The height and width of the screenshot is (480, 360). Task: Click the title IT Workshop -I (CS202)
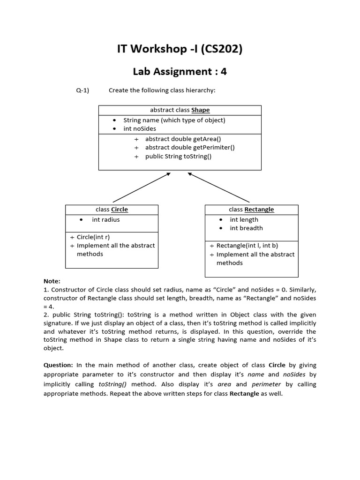[180, 49]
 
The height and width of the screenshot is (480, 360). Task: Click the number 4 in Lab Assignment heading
[224, 72]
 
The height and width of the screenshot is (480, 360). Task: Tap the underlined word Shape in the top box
[200, 110]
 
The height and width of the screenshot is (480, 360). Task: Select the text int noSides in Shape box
[140, 128]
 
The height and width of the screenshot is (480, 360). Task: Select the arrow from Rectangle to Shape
[218, 187]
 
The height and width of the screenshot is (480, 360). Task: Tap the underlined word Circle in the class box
[119, 210]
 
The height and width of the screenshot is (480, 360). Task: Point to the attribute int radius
[106, 219]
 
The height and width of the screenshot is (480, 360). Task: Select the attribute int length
[244, 219]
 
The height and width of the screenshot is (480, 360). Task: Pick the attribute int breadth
[246, 228]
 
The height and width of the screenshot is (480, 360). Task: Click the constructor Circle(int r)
[93, 237]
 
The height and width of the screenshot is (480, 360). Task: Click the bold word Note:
[52, 281]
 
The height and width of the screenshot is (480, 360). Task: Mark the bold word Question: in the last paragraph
[58, 365]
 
